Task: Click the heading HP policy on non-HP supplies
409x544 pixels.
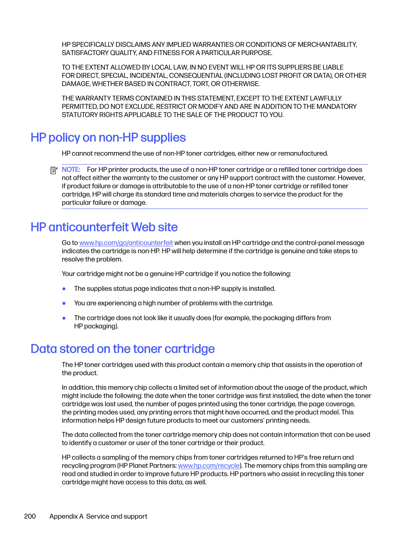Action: click(x=108, y=137)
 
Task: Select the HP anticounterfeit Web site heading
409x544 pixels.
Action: click(x=104, y=227)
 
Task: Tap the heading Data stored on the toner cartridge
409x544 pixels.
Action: click(x=122, y=349)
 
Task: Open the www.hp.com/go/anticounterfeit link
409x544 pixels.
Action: click(x=126, y=243)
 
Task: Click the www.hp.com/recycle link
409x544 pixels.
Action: click(x=209, y=466)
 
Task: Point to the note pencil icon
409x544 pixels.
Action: click(x=54, y=170)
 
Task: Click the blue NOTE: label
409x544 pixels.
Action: click(x=71, y=170)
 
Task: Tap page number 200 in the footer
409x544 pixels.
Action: click(x=30, y=516)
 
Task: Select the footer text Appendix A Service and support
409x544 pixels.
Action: click(x=98, y=516)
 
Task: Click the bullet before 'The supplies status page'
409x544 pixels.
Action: click(x=64, y=289)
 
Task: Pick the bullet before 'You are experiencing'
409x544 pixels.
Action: click(x=64, y=303)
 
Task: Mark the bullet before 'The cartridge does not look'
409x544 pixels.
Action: click(x=64, y=318)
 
